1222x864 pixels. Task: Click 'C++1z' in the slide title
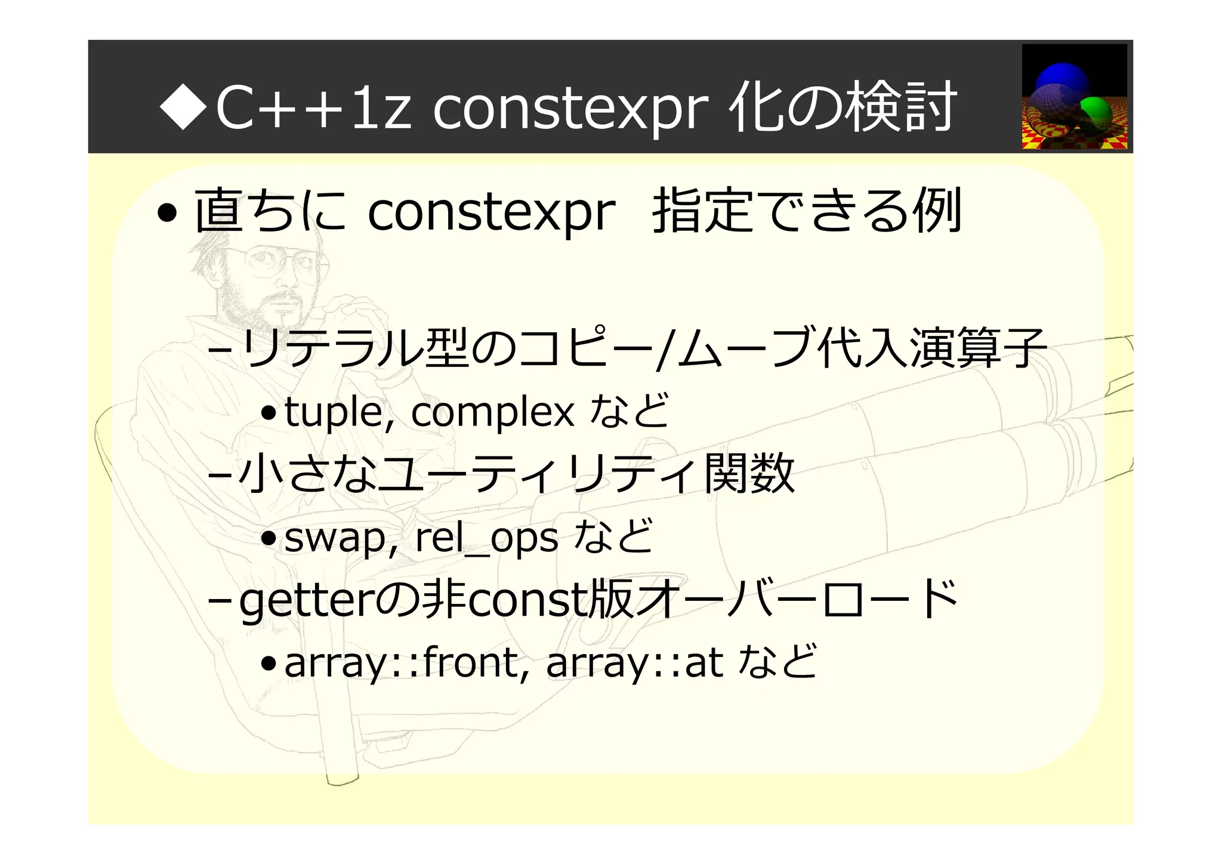[x=313, y=107]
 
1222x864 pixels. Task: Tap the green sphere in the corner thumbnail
[x=1096, y=113]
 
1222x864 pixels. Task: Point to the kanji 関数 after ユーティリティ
[x=749, y=473]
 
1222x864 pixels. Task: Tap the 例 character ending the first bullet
[x=939, y=210]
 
